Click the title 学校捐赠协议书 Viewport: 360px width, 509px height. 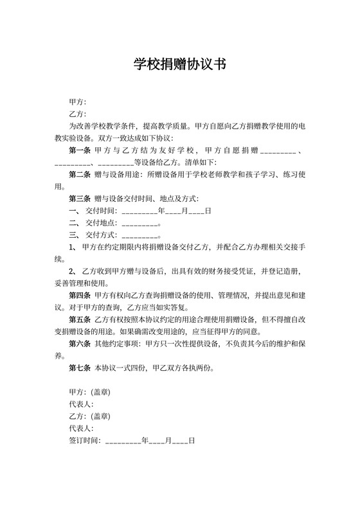pos(179,64)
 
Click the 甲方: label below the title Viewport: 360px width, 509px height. pos(77,102)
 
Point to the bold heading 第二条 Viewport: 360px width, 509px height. pos(80,174)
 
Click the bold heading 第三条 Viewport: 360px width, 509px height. pos(80,199)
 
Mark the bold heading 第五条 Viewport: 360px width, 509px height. pos(80,319)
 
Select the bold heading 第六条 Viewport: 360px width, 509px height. pos(80,344)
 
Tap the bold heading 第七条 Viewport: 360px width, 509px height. pos(80,368)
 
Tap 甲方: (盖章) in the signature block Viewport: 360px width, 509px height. pos(89,392)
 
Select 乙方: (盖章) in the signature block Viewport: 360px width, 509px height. pos(89,416)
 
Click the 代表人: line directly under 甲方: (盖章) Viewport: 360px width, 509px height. pos(81,404)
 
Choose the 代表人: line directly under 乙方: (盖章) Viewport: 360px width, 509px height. pos(81,429)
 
